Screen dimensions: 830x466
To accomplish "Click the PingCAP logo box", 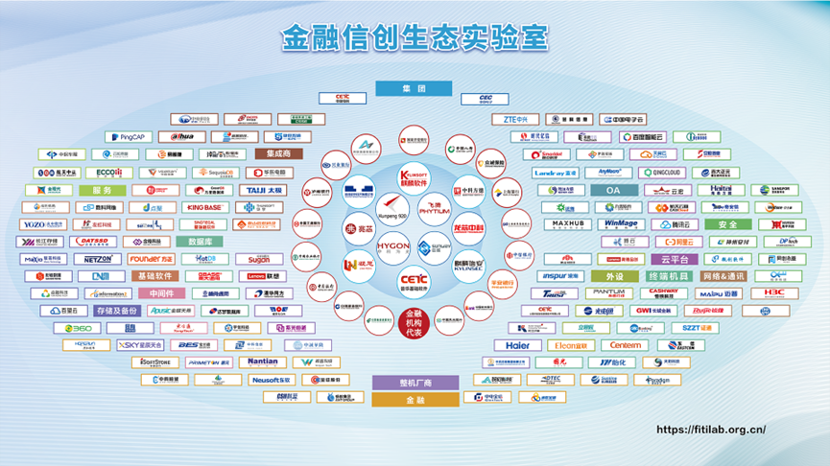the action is [125, 137].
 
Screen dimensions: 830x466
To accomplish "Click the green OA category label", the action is [613, 190].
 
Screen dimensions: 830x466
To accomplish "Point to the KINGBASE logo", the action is [205, 207].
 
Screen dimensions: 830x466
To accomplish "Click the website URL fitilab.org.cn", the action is [711, 431].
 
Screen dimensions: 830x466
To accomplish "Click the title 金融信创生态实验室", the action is [415, 38].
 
